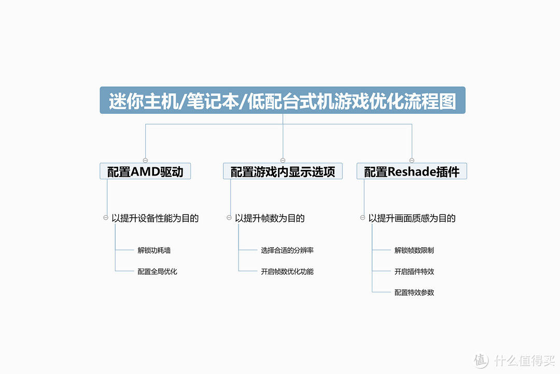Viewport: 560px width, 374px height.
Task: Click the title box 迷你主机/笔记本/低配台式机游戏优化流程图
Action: click(x=283, y=100)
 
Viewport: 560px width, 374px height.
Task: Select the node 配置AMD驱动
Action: click(x=145, y=171)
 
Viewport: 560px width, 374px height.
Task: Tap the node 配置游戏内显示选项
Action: click(x=283, y=171)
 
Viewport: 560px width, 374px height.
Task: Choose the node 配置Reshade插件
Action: click(x=412, y=171)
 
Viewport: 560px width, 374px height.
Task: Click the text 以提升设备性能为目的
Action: click(x=155, y=218)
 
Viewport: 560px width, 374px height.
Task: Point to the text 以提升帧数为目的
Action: click(x=270, y=218)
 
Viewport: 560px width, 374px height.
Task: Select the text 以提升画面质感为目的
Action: click(x=412, y=218)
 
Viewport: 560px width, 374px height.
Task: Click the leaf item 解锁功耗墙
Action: click(x=154, y=250)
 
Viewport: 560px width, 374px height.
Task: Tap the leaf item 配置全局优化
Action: click(x=157, y=271)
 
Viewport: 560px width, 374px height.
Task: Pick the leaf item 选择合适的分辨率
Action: click(x=287, y=250)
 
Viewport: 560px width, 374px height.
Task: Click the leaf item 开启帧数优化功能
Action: click(x=287, y=271)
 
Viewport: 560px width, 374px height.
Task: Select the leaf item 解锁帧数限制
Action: click(x=414, y=250)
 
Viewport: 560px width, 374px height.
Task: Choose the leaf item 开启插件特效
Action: click(x=414, y=271)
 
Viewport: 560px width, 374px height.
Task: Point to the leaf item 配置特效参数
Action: click(x=414, y=292)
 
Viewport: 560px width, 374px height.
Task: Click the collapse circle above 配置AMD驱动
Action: click(x=145, y=161)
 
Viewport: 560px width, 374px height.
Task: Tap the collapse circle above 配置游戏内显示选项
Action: click(x=283, y=161)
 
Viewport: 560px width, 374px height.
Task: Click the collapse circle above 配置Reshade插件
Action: click(x=412, y=161)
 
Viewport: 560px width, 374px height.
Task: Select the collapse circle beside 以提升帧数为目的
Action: click(x=229, y=218)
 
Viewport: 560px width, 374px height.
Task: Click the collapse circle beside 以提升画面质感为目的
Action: click(x=362, y=218)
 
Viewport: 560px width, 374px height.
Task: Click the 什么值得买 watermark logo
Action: click(x=514, y=360)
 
